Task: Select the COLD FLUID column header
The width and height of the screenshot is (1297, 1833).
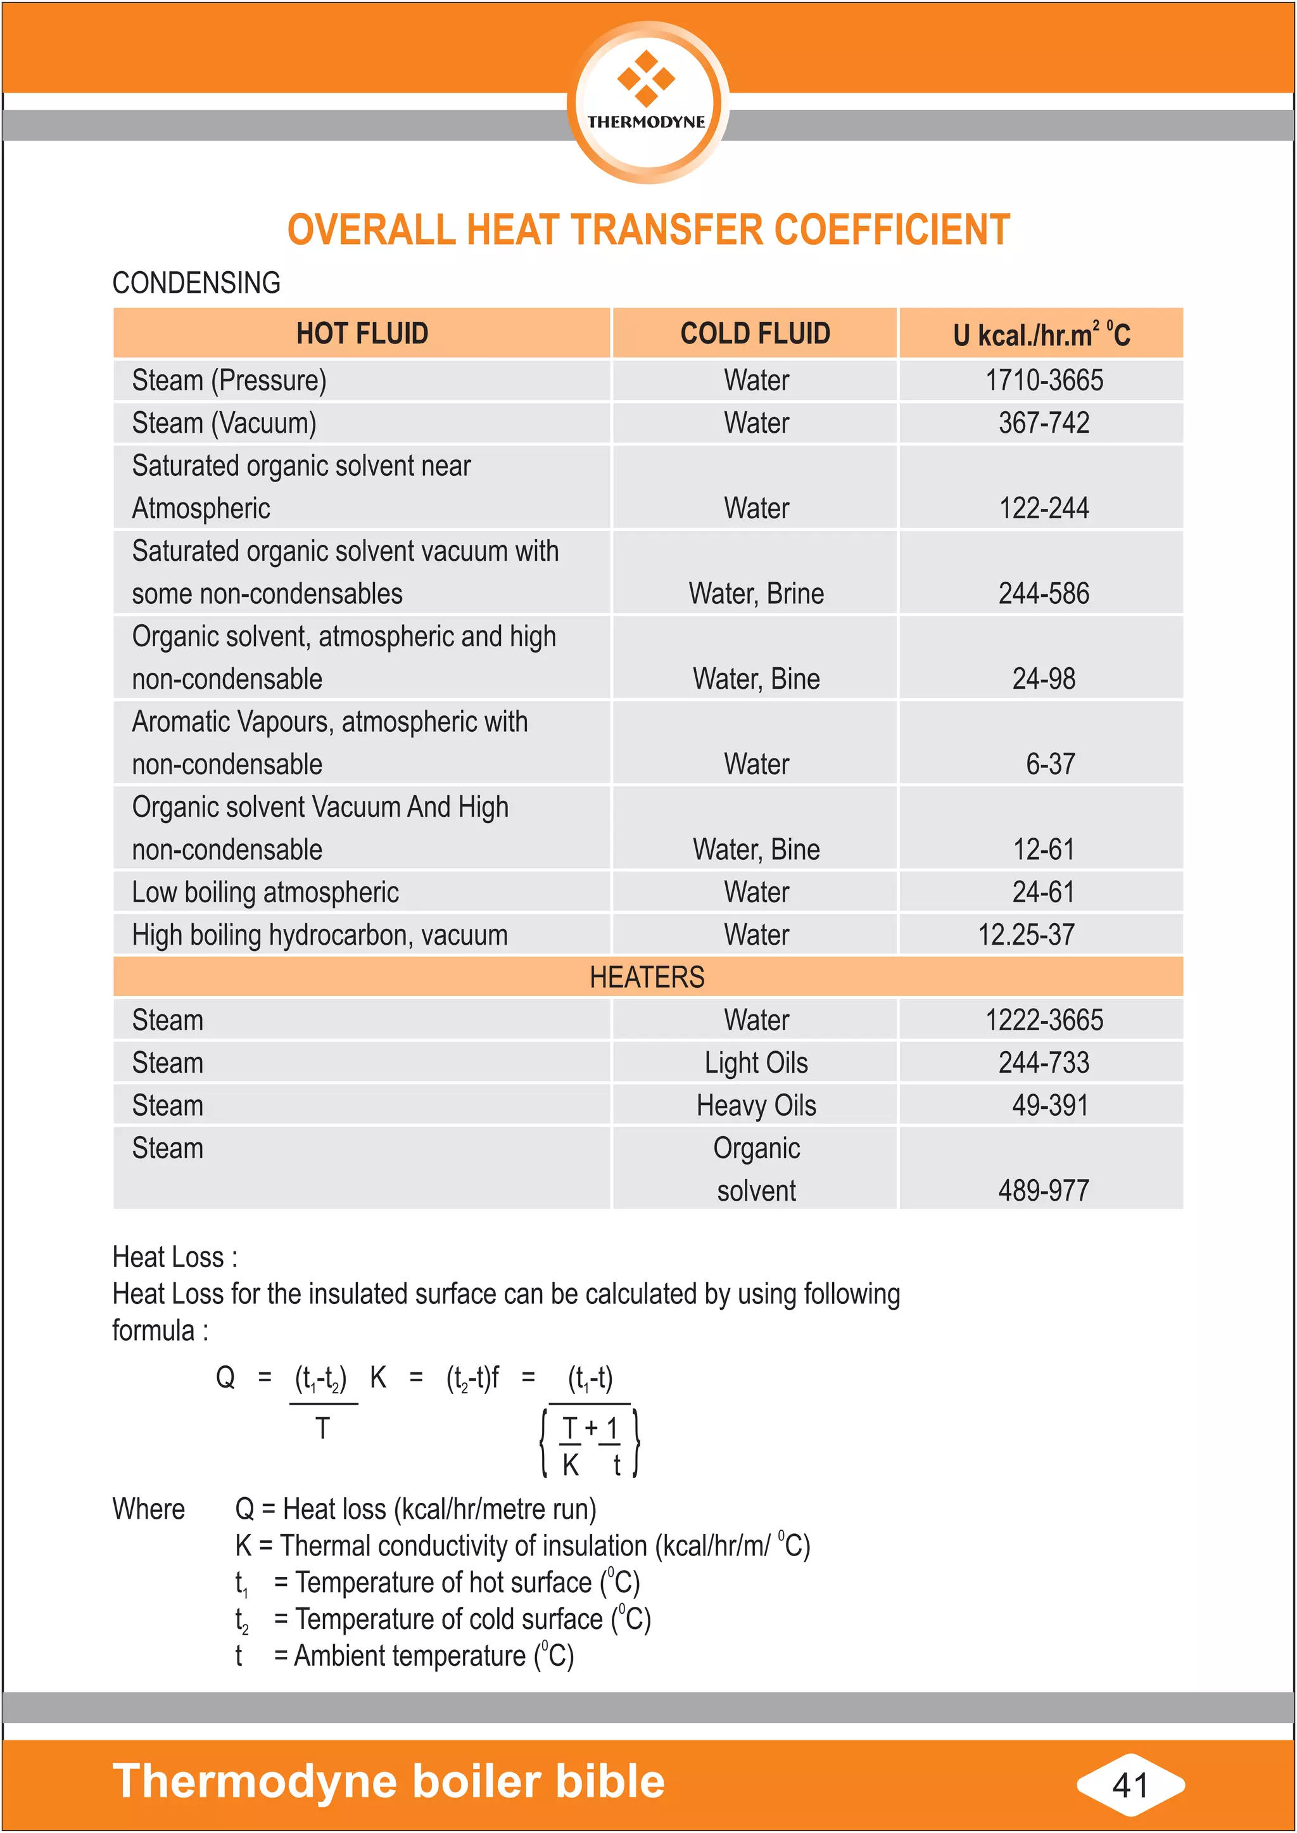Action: [x=755, y=333]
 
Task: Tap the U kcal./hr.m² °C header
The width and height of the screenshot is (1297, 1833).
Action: [x=1041, y=334]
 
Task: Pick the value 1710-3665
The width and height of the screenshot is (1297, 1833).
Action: [x=1043, y=380]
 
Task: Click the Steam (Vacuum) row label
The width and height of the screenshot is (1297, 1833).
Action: [x=224, y=423]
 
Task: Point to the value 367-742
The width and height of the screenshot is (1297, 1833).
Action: [x=1043, y=423]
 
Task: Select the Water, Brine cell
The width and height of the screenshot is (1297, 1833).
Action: [x=756, y=594]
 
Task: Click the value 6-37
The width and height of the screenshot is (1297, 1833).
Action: [x=1049, y=764]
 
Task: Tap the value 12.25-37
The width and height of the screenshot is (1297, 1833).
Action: [x=1025, y=935]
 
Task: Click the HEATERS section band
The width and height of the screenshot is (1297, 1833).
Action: [x=647, y=977]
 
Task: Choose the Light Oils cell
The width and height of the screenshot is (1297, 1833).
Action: [x=756, y=1063]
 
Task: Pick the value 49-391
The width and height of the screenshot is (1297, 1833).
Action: [x=1049, y=1105]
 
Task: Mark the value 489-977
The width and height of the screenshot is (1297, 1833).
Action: [x=1043, y=1191]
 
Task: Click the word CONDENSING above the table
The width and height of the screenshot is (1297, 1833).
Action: [x=196, y=283]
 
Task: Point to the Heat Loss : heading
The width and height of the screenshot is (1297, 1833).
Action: [x=175, y=1257]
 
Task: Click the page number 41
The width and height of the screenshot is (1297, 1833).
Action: [x=1129, y=1785]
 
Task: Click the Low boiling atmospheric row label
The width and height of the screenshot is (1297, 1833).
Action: [x=265, y=893]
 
